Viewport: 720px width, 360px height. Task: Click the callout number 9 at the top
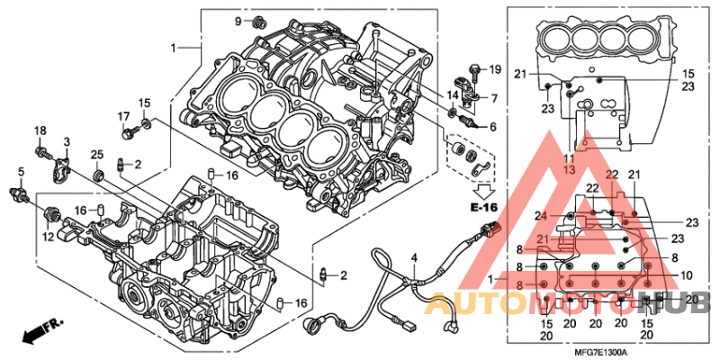pyautogui.click(x=239, y=21)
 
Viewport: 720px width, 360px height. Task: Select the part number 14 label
pyautogui.click(x=453, y=94)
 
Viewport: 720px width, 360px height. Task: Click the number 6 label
pyautogui.click(x=492, y=127)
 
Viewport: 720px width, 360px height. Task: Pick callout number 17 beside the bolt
pyautogui.click(x=124, y=116)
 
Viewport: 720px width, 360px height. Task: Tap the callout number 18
pyautogui.click(x=40, y=131)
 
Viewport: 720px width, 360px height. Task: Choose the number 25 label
pyautogui.click(x=96, y=154)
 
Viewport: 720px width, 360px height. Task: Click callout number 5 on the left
pyautogui.click(x=21, y=171)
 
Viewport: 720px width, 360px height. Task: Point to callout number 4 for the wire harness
pyautogui.click(x=414, y=259)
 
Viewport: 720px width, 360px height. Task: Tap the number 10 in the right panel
pyautogui.click(x=686, y=275)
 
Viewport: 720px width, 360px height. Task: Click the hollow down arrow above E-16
pyautogui.click(x=485, y=190)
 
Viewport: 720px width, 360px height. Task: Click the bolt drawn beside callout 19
pyautogui.click(x=475, y=69)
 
